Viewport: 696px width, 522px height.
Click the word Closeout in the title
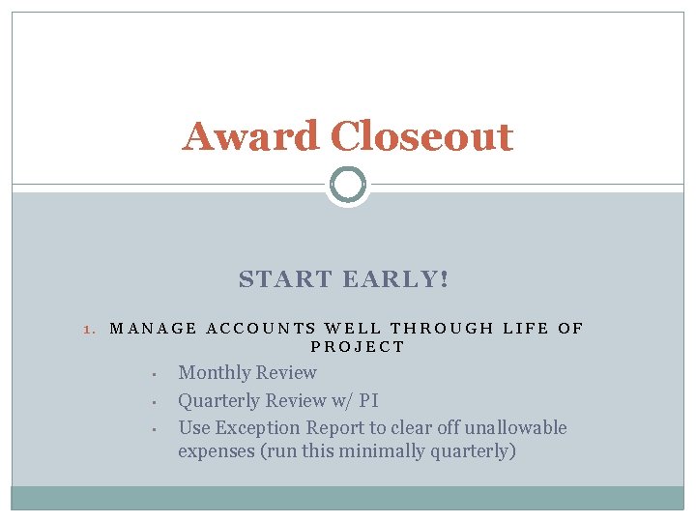(421, 137)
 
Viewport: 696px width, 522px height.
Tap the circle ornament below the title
(348, 184)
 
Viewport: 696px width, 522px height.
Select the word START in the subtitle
(286, 280)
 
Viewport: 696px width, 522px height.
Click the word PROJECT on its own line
(358, 347)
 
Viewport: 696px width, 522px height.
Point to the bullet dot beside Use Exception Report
(154, 429)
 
